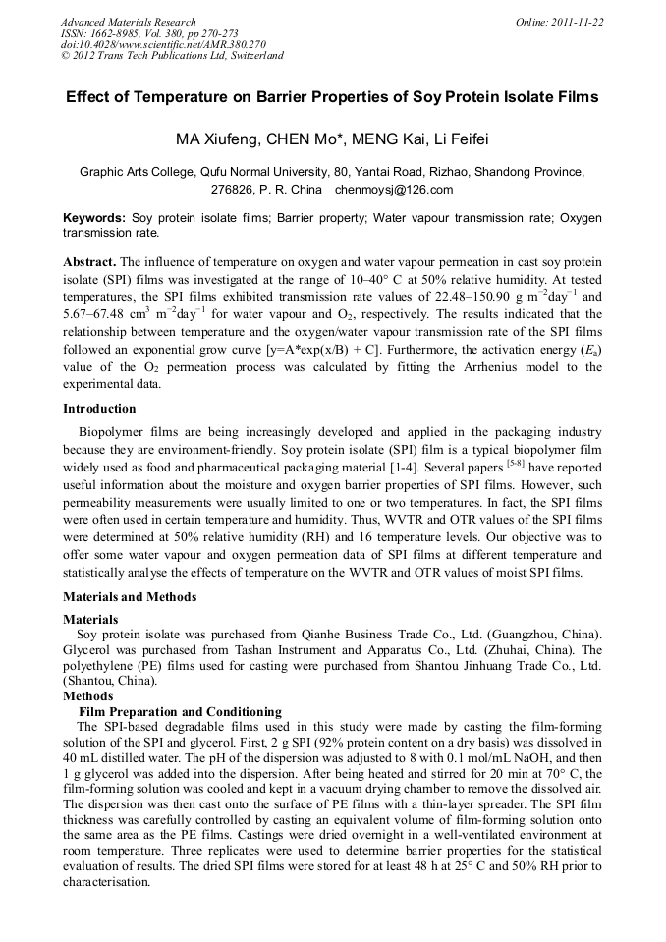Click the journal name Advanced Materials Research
[128, 22]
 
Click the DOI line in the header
[163, 44]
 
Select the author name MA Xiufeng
[213, 138]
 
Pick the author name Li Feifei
[457, 138]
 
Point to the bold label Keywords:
[94, 217]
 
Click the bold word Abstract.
[89, 262]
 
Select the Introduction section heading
[99, 408]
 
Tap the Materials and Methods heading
[130, 596]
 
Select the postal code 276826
[234, 190]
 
